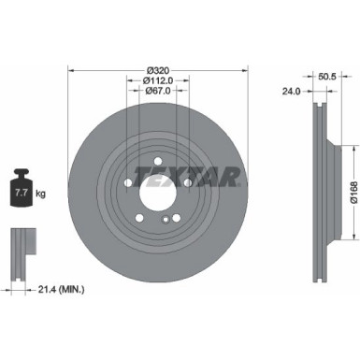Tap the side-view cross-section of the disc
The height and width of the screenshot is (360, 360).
[318, 194]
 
